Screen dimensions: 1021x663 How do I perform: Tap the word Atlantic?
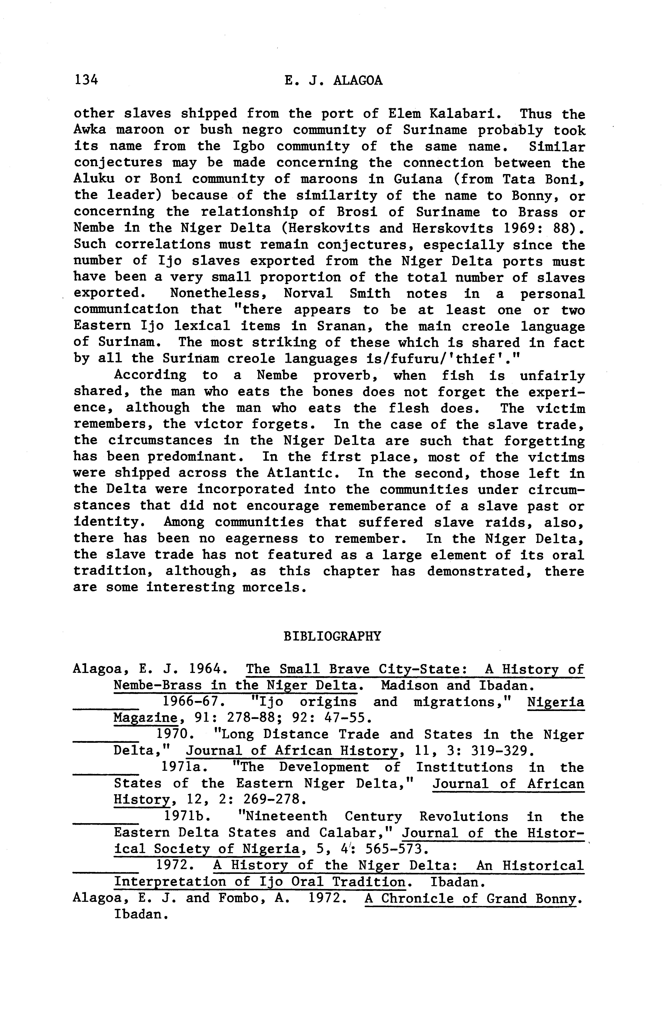300,473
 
